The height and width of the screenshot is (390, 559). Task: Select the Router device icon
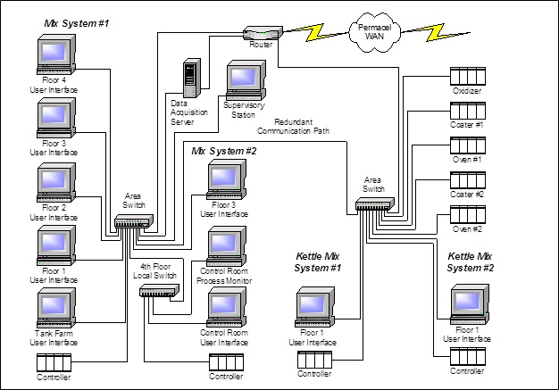click(262, 33)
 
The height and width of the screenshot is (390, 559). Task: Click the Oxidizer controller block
click(467, 76)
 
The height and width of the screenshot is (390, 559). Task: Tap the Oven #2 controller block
click(467, 214)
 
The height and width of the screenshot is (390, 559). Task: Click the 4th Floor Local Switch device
click(160, 290)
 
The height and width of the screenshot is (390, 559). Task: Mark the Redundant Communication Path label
click(306, 126)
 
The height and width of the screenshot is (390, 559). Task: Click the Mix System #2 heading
click(224, 151)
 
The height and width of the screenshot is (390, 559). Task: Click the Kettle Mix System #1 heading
click(324, 262)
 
